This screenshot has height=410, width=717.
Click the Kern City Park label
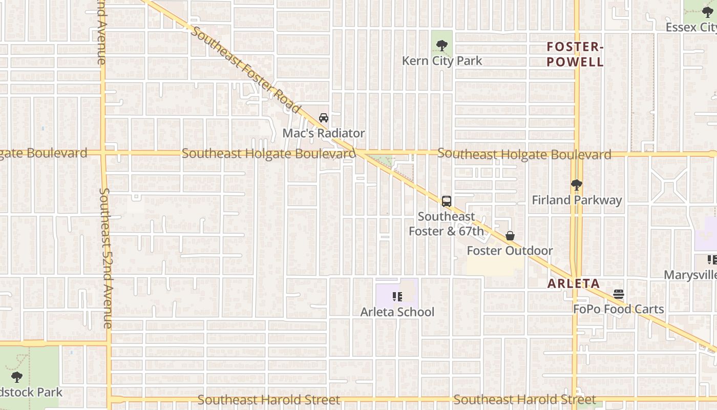pos(442,61)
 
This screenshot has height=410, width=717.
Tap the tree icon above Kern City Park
pos(441,46)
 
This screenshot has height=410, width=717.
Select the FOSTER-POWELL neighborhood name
pos(575,54)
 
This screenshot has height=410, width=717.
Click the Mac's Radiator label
pos(324,133)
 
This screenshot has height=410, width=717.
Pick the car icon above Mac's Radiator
pos(324,118)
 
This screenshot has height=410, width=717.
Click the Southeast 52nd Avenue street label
pos(106,258)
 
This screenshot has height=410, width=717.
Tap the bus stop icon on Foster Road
pos(447,201)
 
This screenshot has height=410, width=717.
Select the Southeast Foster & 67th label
pos(446,224)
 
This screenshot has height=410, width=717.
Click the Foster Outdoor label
pos(510,251)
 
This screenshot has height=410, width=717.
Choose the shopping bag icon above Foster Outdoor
pos(510,236)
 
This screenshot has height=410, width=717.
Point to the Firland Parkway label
pos(577,200)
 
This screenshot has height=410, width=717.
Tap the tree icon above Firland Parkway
pos(577,185)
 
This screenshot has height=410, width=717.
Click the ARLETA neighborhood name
pos(574,283)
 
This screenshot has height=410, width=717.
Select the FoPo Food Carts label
pos(619,309)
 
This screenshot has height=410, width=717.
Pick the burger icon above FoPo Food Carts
pos(619,294)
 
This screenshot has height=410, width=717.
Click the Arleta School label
pos(397,312)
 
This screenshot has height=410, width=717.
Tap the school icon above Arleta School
pos(397,296)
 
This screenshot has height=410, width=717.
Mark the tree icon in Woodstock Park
pos(17,377)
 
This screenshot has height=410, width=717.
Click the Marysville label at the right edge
pos(690,275)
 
